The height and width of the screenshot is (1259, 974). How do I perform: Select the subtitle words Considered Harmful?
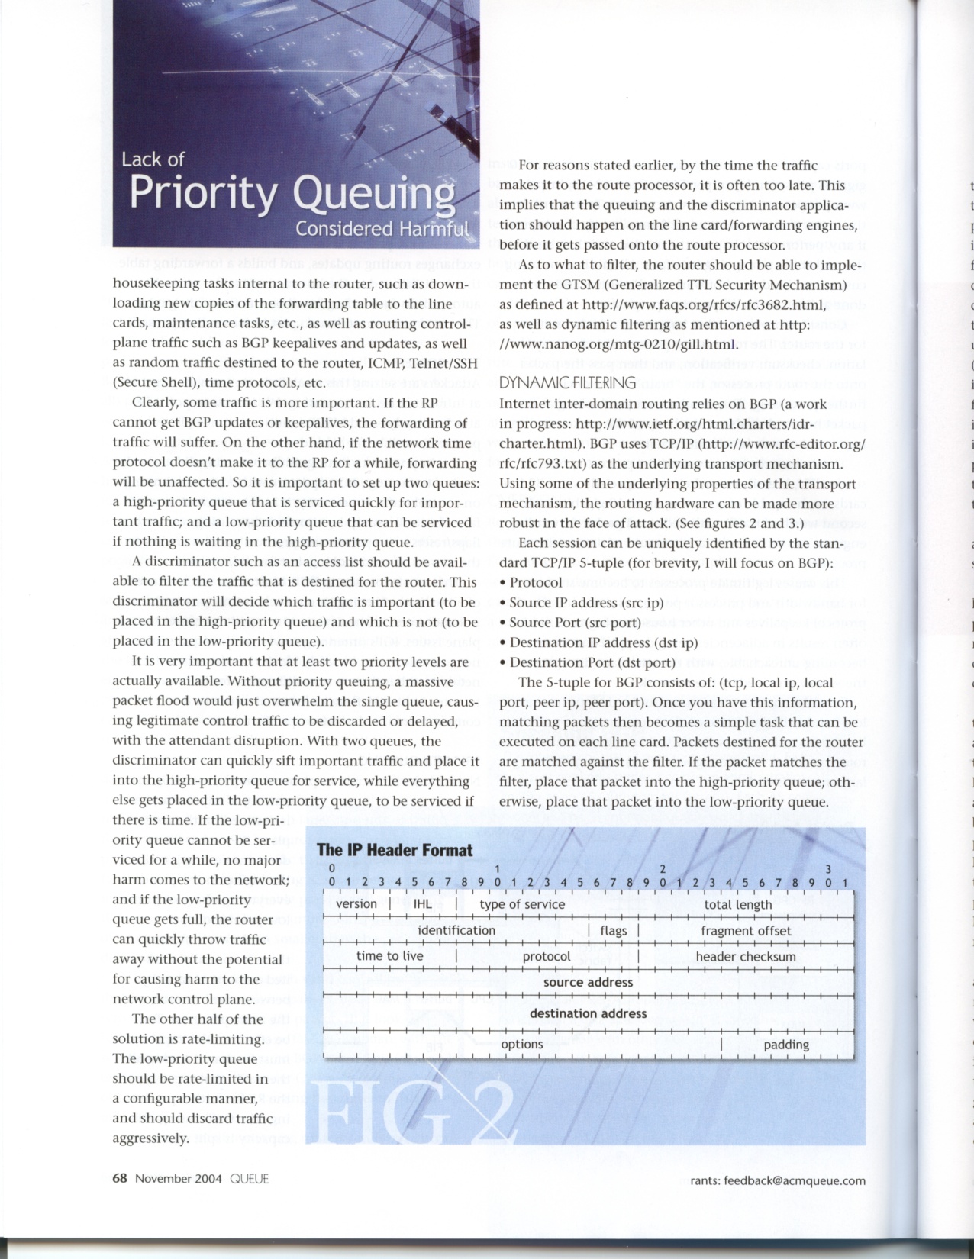(x=382, y=229)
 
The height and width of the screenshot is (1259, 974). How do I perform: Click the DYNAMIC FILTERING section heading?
(x=567, y=382)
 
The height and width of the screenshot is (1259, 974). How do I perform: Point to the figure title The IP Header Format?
(x=395, y=850)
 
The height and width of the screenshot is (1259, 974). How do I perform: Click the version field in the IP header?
(x=356, y=904)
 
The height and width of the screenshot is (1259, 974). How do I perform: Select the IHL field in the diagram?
(x=422, y=904)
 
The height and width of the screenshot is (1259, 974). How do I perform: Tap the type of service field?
(x=522, y=905)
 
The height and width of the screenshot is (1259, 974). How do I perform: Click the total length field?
(x=738, y=905)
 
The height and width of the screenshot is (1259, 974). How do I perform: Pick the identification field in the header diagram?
(x=456, y=930)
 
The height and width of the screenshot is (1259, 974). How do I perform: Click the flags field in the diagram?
(x=613, y=931)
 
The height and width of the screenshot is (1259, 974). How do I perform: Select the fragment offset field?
(x=746, y=931)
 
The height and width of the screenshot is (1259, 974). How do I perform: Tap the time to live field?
(x=389, y=956)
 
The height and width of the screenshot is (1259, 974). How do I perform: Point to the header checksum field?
(x=746, y=957)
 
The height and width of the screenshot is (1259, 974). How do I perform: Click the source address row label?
(x=588, y=983)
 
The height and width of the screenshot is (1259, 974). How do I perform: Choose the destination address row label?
(x=588, y=1013)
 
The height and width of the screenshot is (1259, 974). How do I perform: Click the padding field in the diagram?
(x=786, y=1045)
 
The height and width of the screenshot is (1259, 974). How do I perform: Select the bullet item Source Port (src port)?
(x=575, y=623)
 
